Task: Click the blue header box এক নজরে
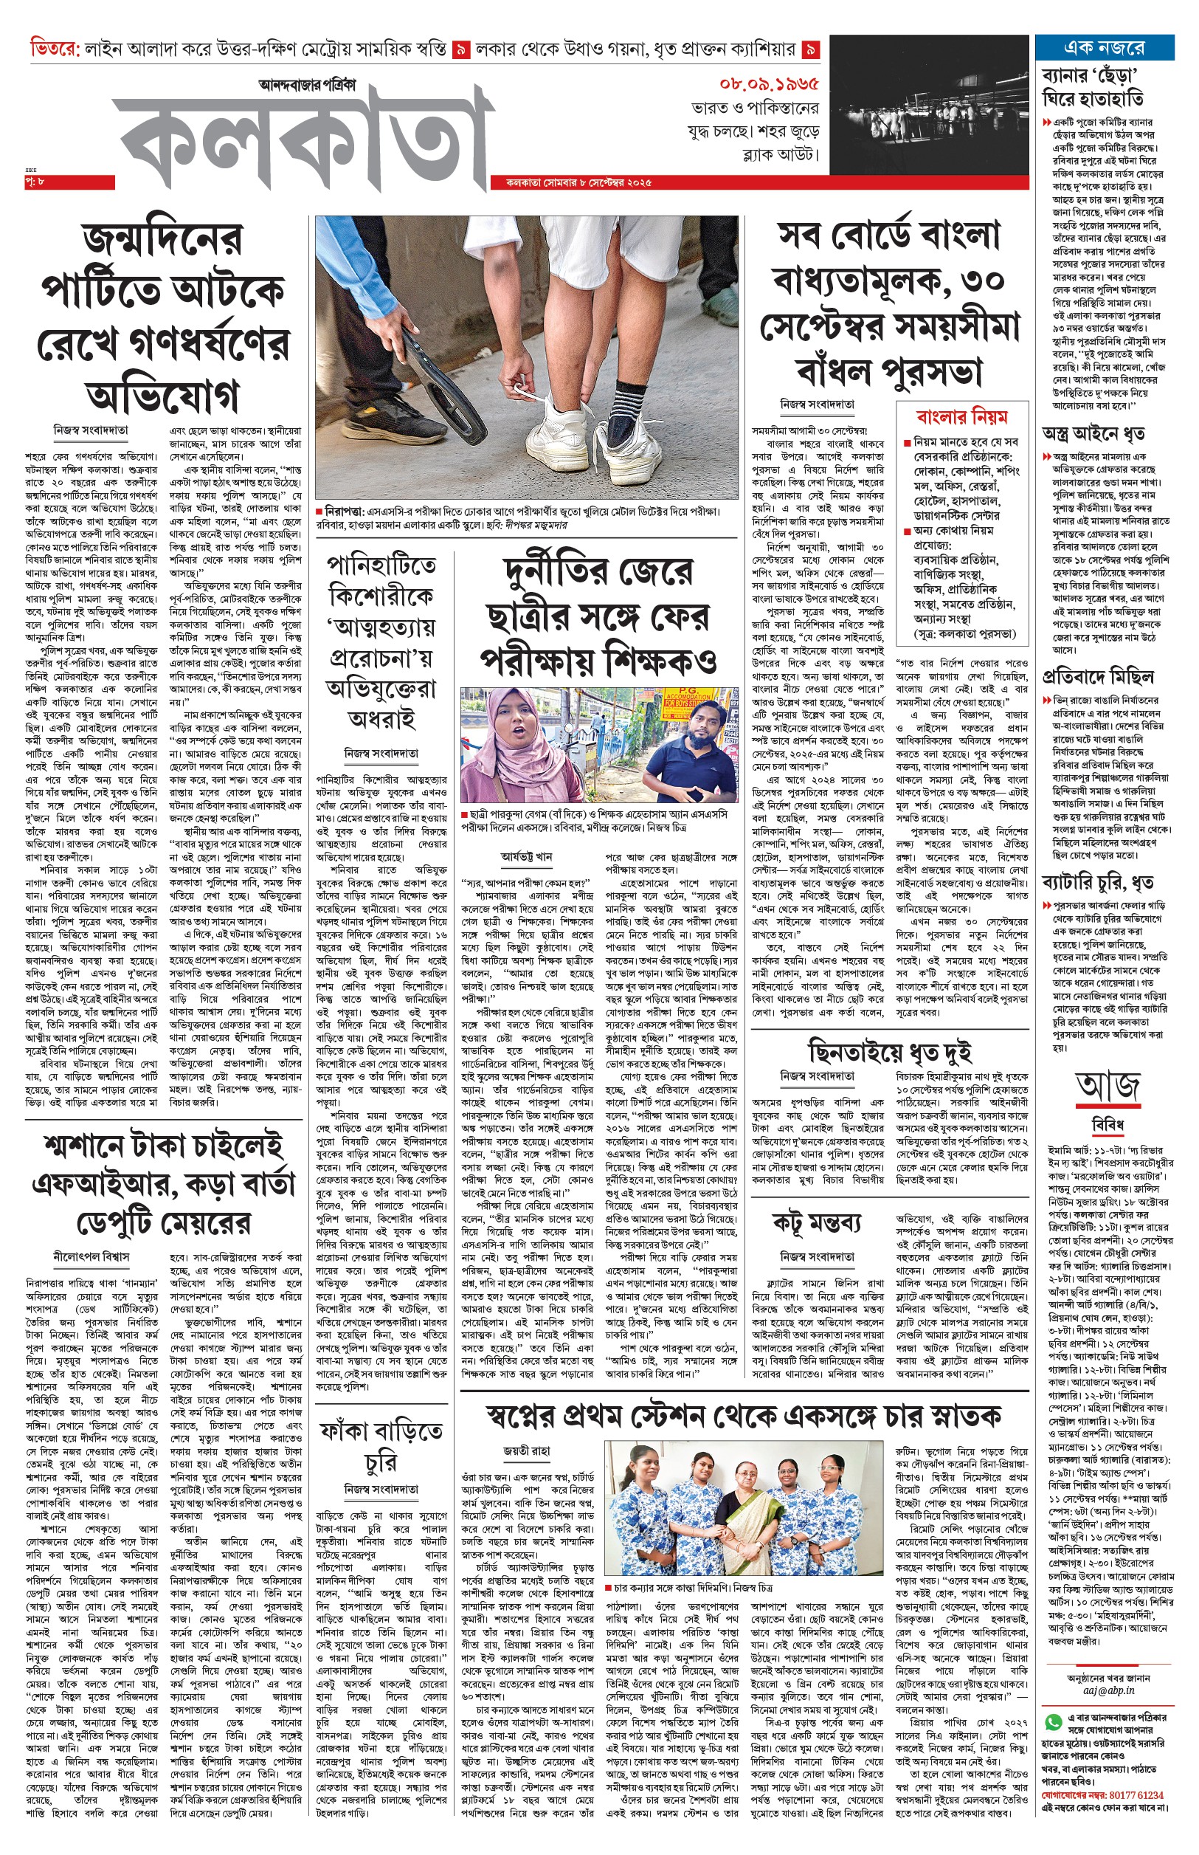(1103, 48)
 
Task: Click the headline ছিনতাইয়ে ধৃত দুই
(889, 1051)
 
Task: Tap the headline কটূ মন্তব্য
(816, 1222)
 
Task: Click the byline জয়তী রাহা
(526, 1450)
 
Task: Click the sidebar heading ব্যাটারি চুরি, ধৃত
(1098, 882)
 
